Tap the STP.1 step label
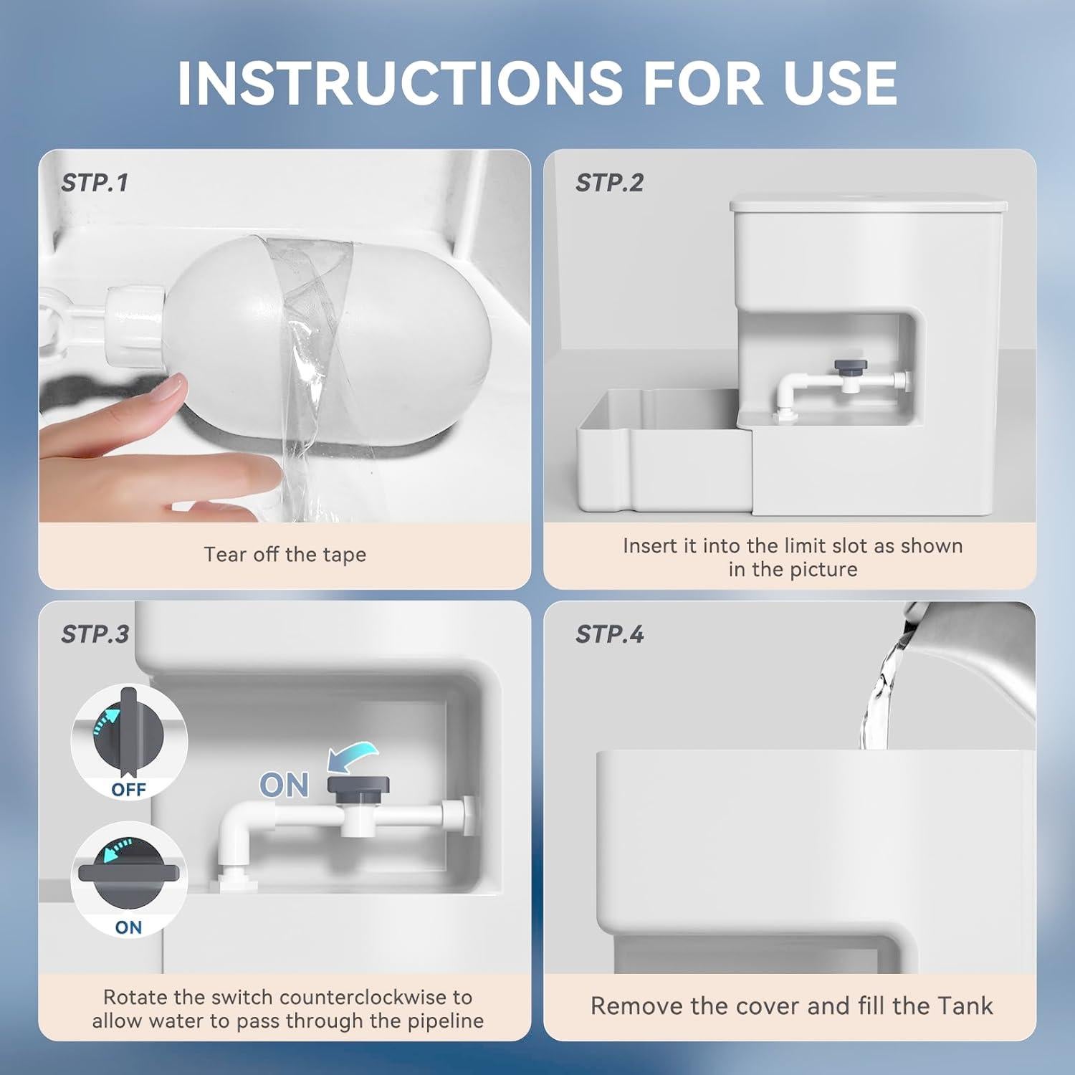[95, 183]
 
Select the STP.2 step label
[609, 183]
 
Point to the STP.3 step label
[95, 634]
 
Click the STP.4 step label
[609, 634]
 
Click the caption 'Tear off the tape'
[285, 555]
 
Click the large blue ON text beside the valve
[284, 786]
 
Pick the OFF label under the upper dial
[129, 790]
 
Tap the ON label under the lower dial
[129, 927]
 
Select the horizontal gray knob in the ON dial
[129, 873]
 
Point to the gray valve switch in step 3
[358, 785]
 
